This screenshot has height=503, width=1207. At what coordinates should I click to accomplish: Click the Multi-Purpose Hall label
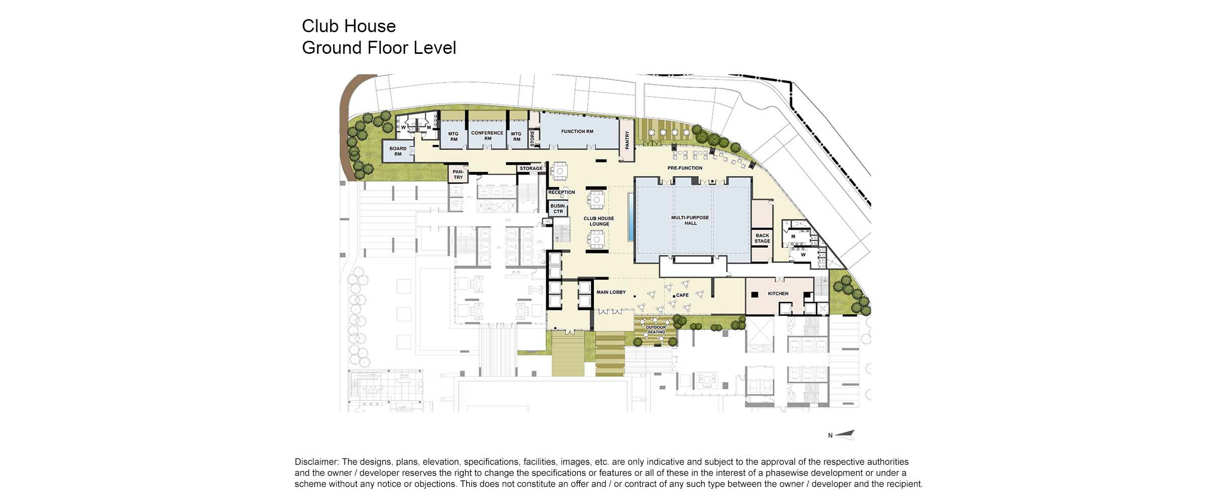tap(690, 220)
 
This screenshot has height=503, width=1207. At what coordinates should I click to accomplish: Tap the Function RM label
tap(577, 132)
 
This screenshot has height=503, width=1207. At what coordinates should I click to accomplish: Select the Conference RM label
tap(487, 136)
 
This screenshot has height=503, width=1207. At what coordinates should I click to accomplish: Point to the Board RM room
tap(398, 151)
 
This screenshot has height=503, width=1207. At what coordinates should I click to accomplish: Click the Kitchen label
tap(778, 294)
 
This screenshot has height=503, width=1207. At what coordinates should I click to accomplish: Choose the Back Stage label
tap(762, 238)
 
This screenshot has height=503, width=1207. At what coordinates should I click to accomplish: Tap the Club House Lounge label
tap(598, 221)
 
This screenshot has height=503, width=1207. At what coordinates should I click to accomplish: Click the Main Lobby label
tap(611, 292)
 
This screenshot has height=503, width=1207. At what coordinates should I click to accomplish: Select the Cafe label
tap(682, 295)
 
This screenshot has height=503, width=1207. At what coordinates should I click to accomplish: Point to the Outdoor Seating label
tap(656, 330)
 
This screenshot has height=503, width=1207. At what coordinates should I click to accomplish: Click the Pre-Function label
tap(684, 168)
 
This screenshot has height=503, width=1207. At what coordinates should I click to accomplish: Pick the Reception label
tap(561, 193)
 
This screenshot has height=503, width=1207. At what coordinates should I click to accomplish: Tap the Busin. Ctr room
tap(558, 209)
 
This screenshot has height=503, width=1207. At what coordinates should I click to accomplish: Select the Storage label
tap(531, 169)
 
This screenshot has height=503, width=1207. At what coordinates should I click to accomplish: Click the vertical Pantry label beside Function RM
tap(627, 140)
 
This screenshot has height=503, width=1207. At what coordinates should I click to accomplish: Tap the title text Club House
tap(349, 26)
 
